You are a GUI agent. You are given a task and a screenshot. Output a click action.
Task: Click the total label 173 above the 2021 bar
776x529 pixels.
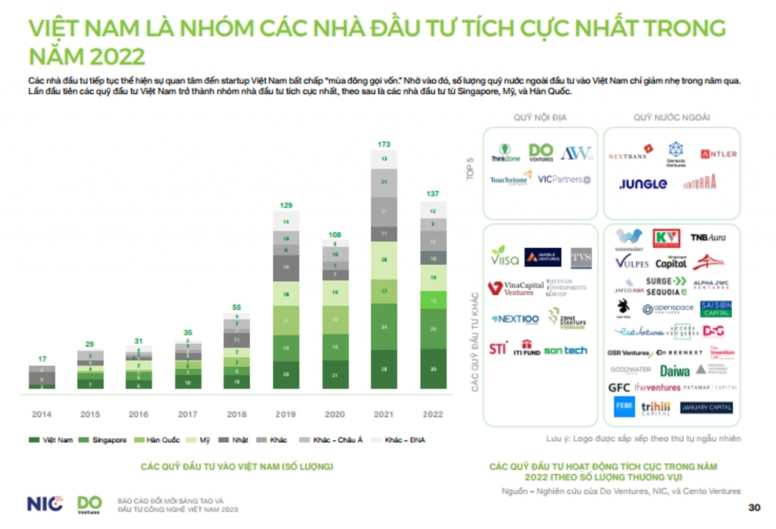[383, 143]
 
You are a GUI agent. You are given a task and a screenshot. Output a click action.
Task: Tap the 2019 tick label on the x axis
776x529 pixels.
[285, 415]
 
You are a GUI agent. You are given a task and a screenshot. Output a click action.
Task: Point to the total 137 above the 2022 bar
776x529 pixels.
[432, 194]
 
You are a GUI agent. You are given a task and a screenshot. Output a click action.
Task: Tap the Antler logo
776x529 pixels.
[718, 154]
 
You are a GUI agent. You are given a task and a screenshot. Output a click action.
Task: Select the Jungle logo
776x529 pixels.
[643, 183]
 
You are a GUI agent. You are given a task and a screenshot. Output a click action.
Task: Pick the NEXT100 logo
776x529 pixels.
[515, 319]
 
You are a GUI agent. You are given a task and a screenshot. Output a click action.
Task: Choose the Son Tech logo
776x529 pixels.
[565, 350]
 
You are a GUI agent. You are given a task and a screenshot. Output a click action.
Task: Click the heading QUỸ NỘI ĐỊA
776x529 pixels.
[540, 117]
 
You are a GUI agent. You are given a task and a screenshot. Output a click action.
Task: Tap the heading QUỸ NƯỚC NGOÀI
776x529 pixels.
[671, 117]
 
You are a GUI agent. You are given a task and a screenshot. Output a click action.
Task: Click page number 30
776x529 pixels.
[753, 507]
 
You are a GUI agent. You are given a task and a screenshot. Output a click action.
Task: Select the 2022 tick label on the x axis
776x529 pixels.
[433, 415]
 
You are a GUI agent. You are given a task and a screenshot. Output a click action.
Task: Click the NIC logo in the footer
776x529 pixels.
[45, 503]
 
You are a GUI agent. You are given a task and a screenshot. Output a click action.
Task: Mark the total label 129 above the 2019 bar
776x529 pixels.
[285, 205]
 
